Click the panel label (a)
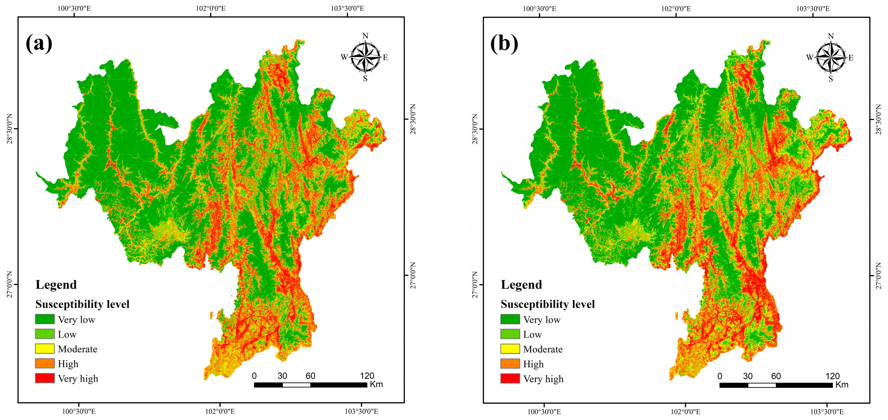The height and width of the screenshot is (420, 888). pos(39,44)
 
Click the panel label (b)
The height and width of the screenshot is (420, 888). pos(504,44)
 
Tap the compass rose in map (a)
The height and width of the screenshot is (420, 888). pos(365,57)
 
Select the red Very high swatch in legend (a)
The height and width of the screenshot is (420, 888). pos(45,378)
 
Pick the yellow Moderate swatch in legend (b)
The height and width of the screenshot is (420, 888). pos(510,349)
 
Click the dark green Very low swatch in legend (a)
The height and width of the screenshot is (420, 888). pos(45,319)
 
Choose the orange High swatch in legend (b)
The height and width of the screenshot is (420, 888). pos(510,364)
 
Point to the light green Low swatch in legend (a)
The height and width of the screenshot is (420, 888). pos(45,334)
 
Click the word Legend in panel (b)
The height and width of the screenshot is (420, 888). pos(521,285)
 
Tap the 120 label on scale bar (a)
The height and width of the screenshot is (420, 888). pos(367,375)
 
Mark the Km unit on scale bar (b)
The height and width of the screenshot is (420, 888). pos(842,385)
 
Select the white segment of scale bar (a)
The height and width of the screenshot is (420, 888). pos(296,385)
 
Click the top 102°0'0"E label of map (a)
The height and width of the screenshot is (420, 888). pos(211,8)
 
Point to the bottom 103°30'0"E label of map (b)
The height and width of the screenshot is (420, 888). pos(827,412)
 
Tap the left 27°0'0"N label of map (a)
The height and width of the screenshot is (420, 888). pos(10,284)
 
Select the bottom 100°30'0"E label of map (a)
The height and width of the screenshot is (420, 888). pos(79,411)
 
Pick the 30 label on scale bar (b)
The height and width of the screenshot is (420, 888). pos(748,376)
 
